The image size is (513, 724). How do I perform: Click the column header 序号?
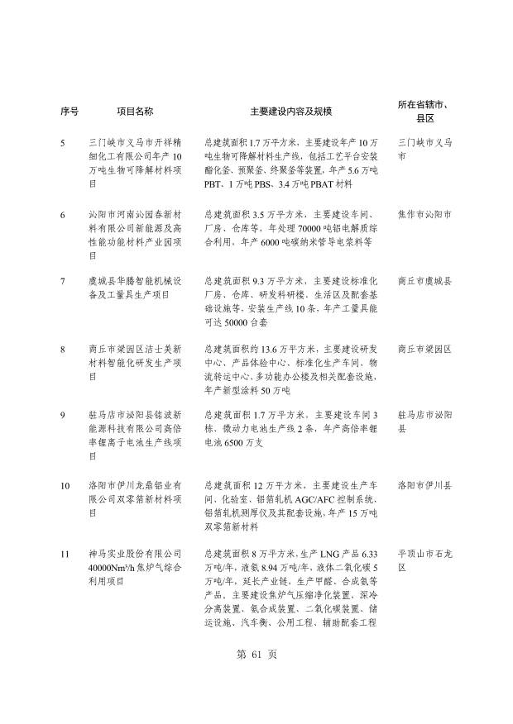69,111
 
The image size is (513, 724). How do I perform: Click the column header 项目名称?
134,111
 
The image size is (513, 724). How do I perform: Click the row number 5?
64,143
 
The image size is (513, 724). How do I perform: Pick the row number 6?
64,215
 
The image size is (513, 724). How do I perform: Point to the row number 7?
64,282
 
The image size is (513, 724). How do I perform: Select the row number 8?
64,349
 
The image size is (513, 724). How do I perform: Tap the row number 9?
64,416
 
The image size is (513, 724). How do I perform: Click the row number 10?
65,484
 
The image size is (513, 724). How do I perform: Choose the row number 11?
65,553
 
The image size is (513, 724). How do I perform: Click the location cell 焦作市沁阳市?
424,215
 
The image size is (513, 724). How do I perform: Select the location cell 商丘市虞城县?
424,282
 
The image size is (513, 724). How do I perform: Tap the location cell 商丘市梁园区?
424,349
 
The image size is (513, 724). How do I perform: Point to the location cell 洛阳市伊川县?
424,484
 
